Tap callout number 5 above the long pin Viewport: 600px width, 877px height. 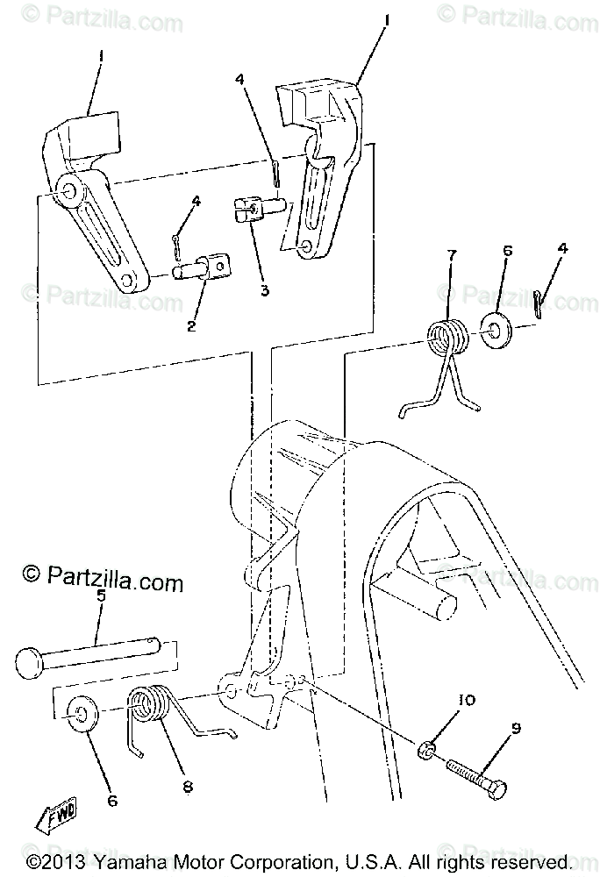point(100,596)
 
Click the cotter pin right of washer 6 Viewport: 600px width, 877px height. point(542,303)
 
